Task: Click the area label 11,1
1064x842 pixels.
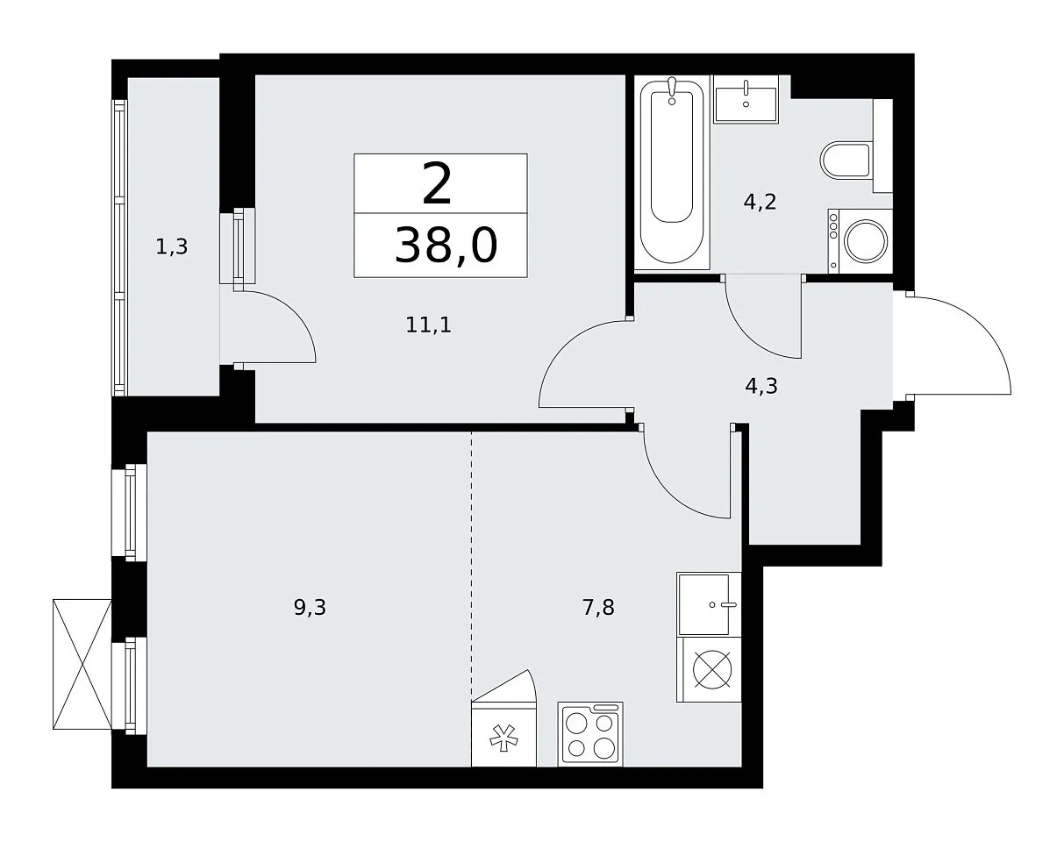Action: click(429, 325)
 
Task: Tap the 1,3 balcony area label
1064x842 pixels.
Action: click(172, 246)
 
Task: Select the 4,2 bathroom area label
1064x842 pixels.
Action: click(760, 202)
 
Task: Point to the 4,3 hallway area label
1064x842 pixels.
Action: click(761, 386)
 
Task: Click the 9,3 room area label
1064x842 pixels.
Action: click(310, 607)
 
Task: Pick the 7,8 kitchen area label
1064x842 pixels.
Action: click(598, 607)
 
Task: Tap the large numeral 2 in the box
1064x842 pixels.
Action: click(437, 184)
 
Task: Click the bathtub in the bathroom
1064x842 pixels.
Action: click(672, 173)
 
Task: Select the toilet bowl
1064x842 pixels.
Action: click(846, 161)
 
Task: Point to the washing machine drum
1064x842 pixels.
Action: click(866, 242)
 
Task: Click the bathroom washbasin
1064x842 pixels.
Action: click(746, 99)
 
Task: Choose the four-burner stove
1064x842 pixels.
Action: click(590, 733)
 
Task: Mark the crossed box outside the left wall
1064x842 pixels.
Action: click(82, 664)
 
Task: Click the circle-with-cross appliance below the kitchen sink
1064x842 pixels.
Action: click(712, 669)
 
